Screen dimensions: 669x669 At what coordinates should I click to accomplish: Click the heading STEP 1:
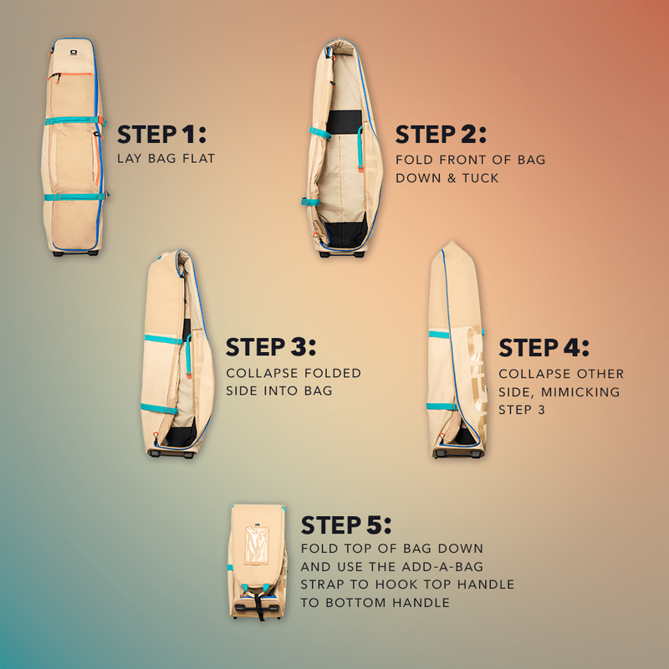(x=161, y=134)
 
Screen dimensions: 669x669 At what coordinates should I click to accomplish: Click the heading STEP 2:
(x=441, y=134)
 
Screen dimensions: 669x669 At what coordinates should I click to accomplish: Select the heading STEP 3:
(x=271, y=347)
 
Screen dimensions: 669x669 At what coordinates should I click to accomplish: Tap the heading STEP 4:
(x=544, y=347)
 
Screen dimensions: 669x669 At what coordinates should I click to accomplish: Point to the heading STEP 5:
(x=346, y=524)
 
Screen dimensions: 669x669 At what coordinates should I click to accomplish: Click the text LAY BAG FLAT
(x=166, y=158)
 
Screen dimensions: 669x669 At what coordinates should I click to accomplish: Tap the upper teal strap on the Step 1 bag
(x=74, y=120)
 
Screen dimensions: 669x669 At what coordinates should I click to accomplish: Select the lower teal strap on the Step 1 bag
(x=74, y=197)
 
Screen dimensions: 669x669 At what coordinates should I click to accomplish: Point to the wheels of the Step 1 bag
(x=74, y=251)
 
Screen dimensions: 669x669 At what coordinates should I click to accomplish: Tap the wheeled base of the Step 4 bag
(x=458, y=452)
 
